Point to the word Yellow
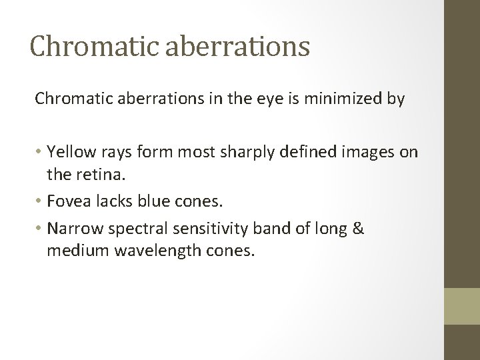tap(69, 153)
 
